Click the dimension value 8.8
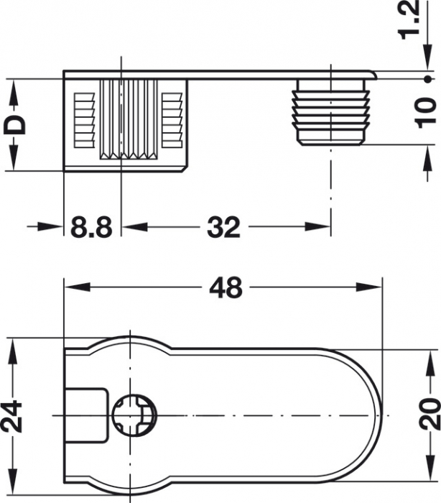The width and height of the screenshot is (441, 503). (92, 229)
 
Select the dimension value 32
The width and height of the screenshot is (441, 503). (223, 229)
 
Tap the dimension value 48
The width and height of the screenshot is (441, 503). (226, 289)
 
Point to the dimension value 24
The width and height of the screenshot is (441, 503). (13, 416)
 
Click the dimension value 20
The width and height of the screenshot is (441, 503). (428, 415)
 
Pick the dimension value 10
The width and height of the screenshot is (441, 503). (427, 111)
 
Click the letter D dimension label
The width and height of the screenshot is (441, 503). (15, 124)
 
